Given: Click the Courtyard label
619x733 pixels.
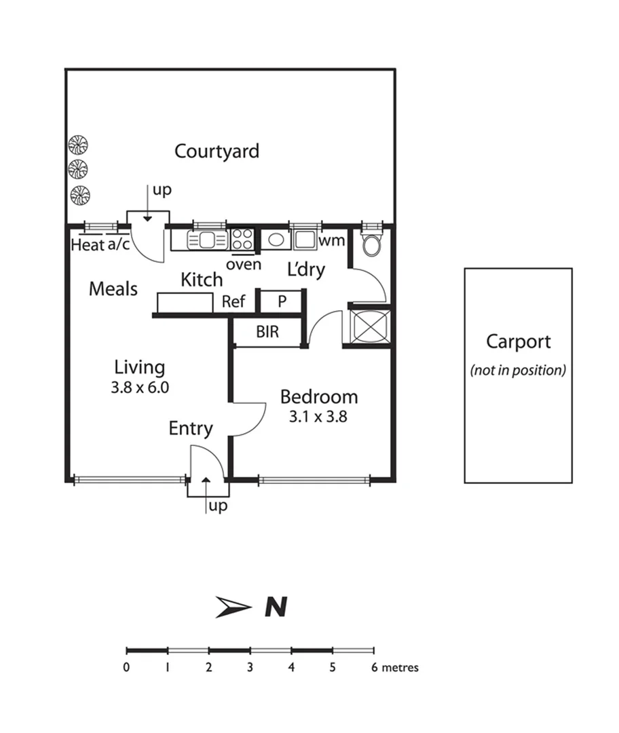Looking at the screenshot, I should pyautogui.click(x=217, y=151).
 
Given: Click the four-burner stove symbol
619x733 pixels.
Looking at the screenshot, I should pyautogui.click(x=242, y=239).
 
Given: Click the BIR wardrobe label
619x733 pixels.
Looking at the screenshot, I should pyautogui.click(x=267, y=333).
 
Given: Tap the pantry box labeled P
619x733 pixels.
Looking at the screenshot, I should pyautogui.click(x=282, y=301).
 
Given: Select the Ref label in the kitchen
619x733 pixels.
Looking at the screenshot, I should pyautogui.click(x=233, y=301).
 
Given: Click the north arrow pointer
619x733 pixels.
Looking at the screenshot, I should pyautogui.click(x=233, y=607).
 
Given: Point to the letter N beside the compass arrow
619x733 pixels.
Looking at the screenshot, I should pyautogui.click(x=275, y=607).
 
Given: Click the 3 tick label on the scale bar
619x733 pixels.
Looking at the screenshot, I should pyautogui.click(x=250, y=667).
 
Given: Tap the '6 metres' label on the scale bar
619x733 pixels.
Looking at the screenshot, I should pyautogui.click(x=395, y=667).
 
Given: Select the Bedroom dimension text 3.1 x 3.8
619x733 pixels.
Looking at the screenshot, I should pyautogui.click(x=318, y=417).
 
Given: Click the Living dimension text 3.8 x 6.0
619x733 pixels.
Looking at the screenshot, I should pyautogui.click(x=140, y=388).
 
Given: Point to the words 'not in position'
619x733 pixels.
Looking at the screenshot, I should pyautogui.click(x=518, y=371).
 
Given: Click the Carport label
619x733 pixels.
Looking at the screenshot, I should pyautogui.click(x=518, y=341).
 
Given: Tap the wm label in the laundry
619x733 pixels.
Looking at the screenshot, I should pyautogui.click(x=332, y=240).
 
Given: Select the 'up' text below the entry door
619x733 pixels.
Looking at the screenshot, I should pyautogui.click(x=217, y=506).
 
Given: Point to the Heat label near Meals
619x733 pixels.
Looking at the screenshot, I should pyautogui.click(x=88, y=245).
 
